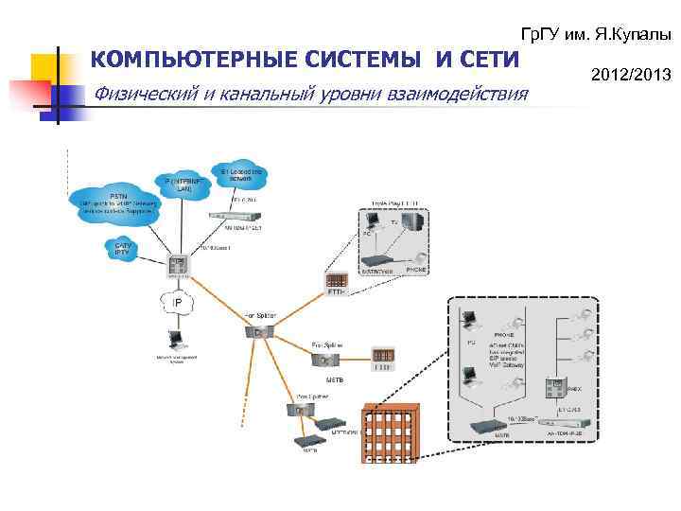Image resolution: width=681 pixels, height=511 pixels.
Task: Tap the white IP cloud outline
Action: tap(175, 303)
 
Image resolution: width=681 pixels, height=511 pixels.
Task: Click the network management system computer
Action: tap(176, 341)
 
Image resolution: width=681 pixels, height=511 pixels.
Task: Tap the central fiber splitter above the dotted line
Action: tap(258, 331)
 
